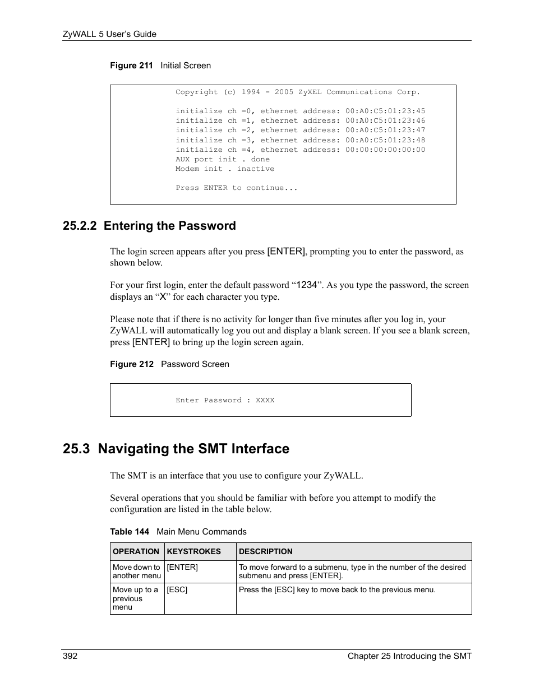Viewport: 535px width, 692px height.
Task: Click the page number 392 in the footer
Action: (x=70, y=656)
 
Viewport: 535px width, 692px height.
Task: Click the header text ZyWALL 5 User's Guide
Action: (x=109, y=34)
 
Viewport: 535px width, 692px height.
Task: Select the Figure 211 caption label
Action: (x=131, y=66)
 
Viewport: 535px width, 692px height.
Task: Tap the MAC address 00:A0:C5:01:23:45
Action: (x=385, y=111)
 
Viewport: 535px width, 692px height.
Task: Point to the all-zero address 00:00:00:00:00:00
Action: (x=385, y=150)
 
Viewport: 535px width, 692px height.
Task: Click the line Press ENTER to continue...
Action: (x=236, y=188)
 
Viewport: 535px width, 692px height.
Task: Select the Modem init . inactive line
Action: (x=224, y=169)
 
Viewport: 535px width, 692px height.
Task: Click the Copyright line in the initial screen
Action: (x=297, y=92)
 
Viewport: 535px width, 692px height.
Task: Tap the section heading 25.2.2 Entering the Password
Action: (x=149, y=226)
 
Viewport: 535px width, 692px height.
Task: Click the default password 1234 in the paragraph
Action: (x=306, y=285)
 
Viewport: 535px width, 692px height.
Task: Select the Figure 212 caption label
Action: (x=131, y=364)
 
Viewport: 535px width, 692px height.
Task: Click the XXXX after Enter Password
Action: (x=265, y=400)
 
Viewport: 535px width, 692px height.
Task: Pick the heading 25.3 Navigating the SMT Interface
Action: (x=176, y=449)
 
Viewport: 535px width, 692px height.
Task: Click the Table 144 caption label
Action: (x=130, y=532)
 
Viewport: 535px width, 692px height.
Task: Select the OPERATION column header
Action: (x=136, y=551)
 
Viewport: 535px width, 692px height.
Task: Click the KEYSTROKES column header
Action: (x=193, y=551)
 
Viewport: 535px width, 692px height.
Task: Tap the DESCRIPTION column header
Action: (x=266, y=551)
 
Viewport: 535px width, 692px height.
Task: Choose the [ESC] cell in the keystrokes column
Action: (x=177, y=589)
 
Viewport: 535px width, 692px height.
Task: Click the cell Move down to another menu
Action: (x=136, y=571)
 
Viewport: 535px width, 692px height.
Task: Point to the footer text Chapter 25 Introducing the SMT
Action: (x=409, y=656)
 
